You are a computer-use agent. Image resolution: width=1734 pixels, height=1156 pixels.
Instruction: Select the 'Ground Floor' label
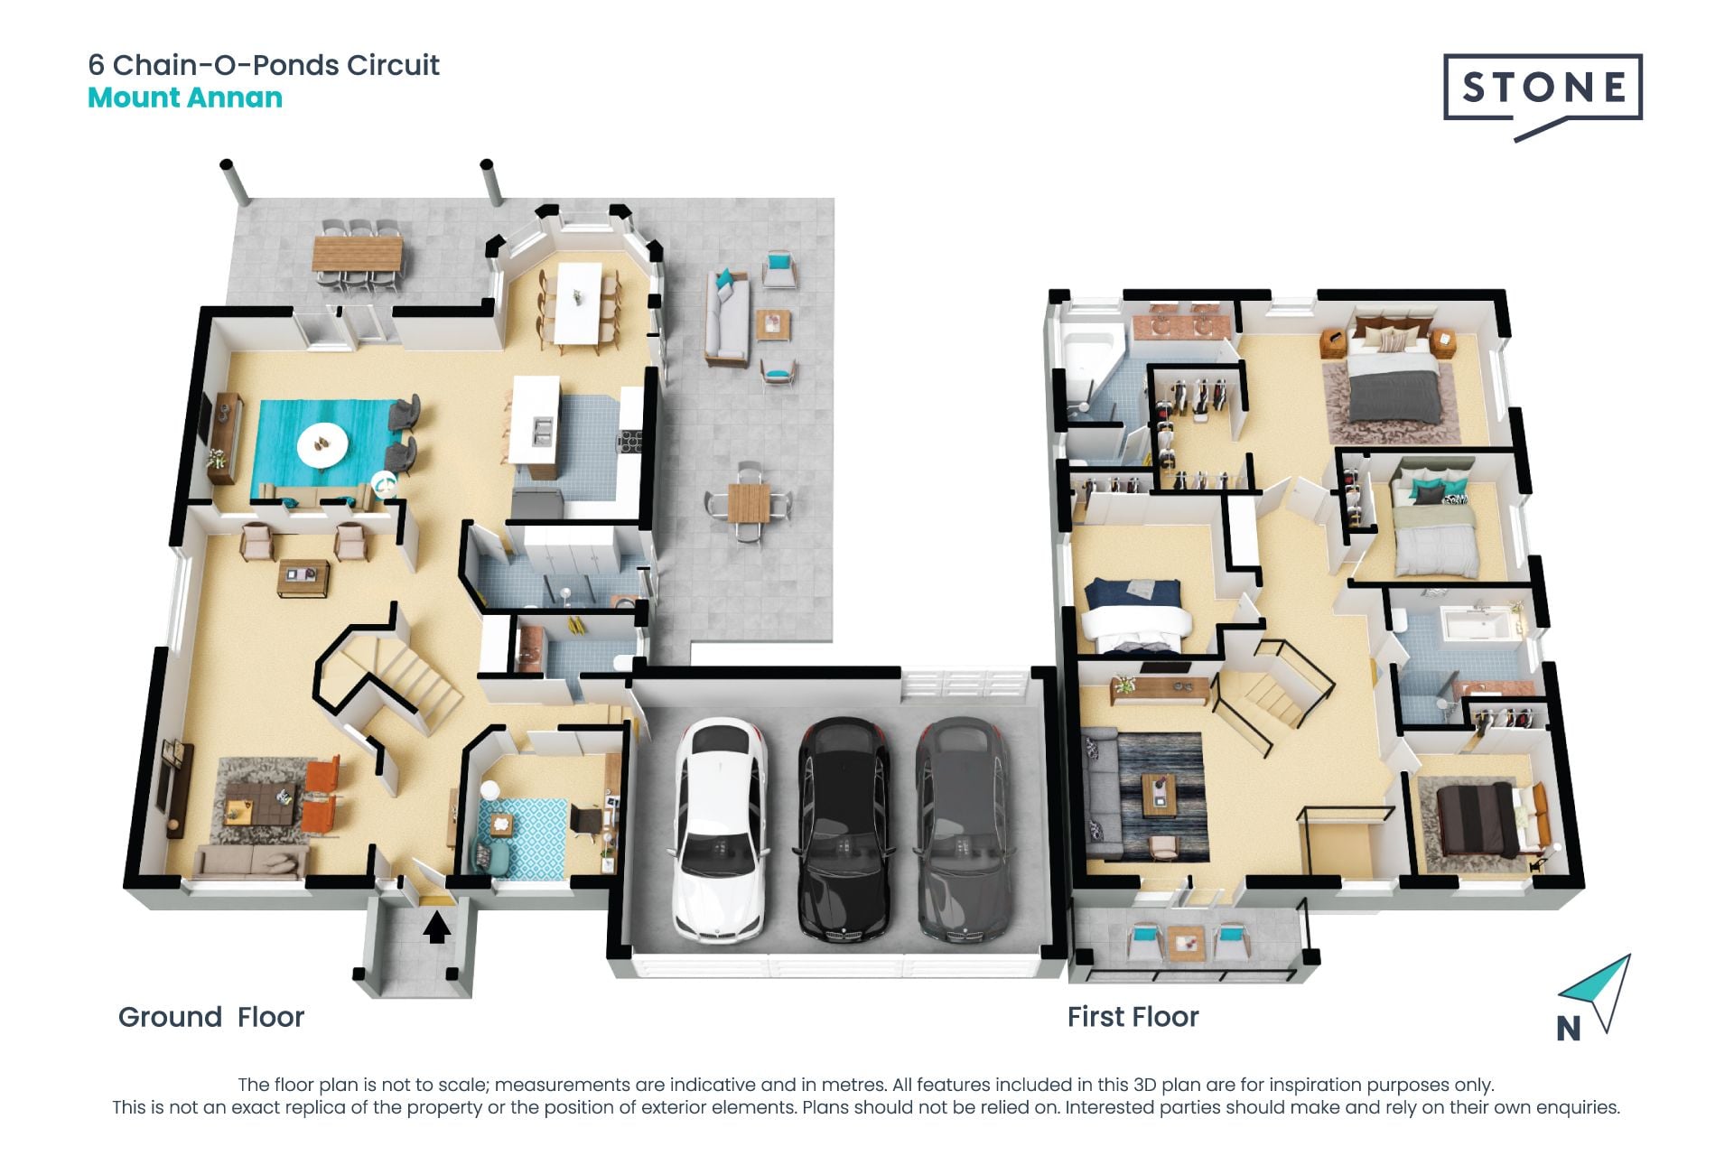point(211,1017)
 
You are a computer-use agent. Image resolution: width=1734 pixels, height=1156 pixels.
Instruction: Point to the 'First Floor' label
point(1133,1017)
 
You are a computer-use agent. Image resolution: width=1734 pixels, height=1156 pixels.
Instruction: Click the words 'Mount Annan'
point(185,98)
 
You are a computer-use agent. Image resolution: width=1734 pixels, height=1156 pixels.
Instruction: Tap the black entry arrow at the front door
point(437,928)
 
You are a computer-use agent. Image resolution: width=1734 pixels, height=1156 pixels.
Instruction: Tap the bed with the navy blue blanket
point(1134,614)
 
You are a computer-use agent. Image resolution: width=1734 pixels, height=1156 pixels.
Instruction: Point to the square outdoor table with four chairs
point(749,502)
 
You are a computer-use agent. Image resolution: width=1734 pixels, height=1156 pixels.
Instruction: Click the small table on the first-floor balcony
point(1185,943)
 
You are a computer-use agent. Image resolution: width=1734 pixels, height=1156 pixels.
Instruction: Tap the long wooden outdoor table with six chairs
point(357,253)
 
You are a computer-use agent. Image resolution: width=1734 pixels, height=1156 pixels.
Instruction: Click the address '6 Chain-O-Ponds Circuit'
point(264,65)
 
